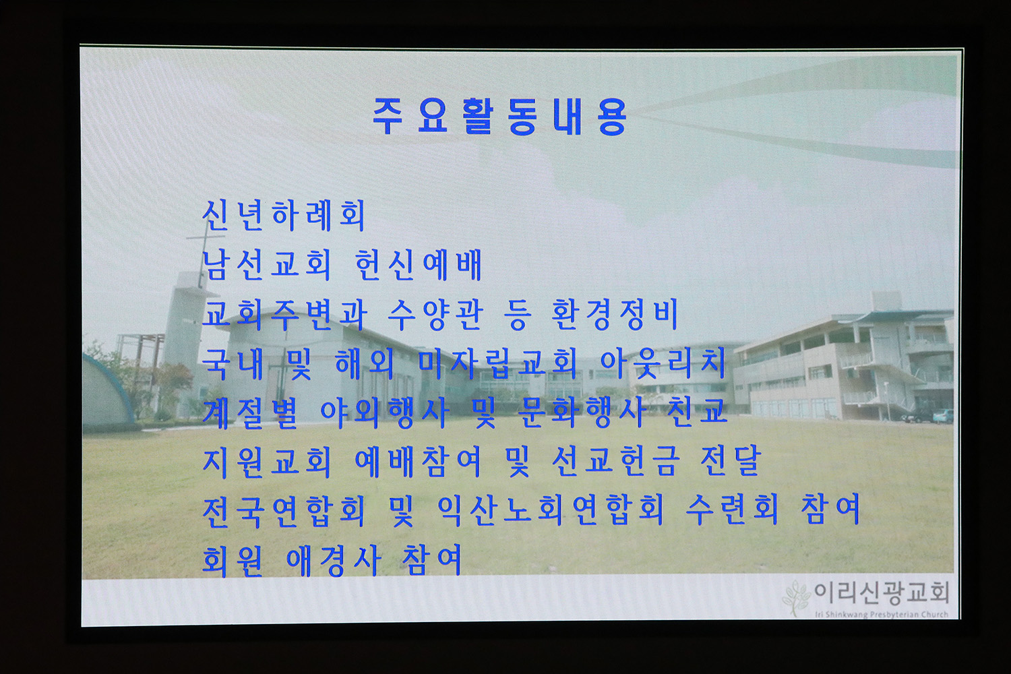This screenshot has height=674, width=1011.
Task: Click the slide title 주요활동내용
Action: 499,117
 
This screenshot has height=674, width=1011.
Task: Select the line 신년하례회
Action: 284,215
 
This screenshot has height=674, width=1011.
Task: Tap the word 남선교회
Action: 266,264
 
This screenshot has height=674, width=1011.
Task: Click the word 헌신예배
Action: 419,264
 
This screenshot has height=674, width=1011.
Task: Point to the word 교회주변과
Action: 284,314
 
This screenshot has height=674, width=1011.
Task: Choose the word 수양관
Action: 435,314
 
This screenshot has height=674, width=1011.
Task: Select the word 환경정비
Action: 615,314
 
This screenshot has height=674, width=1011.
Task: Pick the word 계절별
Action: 250,412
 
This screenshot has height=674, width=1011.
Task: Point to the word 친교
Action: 697,412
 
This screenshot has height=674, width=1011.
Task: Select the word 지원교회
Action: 267,462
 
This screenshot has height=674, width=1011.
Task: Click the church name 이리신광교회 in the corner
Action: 882,593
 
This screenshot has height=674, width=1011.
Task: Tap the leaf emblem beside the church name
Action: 797,598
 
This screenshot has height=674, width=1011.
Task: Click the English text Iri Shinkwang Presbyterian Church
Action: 882,615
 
